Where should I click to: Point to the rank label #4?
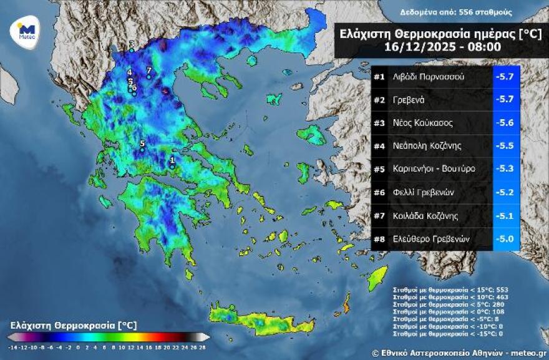point(379,146)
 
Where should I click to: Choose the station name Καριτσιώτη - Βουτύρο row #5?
point(434,169)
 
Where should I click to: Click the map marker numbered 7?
point(149,76)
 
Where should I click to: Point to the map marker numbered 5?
point(142,149)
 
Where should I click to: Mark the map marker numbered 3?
point(132,50)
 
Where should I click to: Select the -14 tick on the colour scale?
point(13,346)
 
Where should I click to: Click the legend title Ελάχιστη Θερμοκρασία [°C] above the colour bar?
point(74,325)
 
